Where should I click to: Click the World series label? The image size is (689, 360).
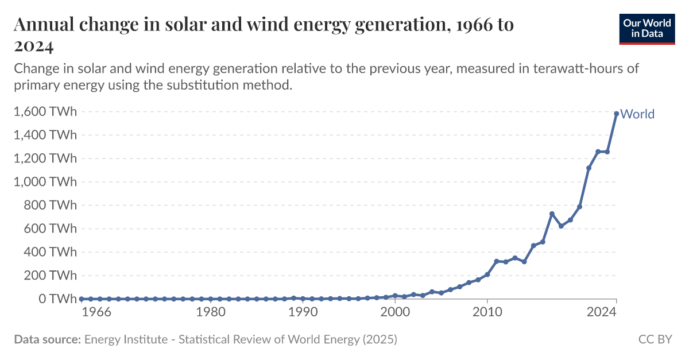pos(637,114)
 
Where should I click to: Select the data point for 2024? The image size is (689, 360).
pos(617,114)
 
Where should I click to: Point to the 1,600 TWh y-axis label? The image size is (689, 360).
pos(44,112)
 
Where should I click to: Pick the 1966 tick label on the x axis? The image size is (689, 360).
pos(96,313)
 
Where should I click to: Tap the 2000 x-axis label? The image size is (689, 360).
pos(395,313)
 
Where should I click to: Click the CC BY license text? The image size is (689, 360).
pos(655,339)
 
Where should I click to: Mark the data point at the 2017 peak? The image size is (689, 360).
pos(552,214)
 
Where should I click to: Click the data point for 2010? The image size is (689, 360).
pos(487,274)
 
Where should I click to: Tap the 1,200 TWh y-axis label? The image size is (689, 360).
pos(44,158)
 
